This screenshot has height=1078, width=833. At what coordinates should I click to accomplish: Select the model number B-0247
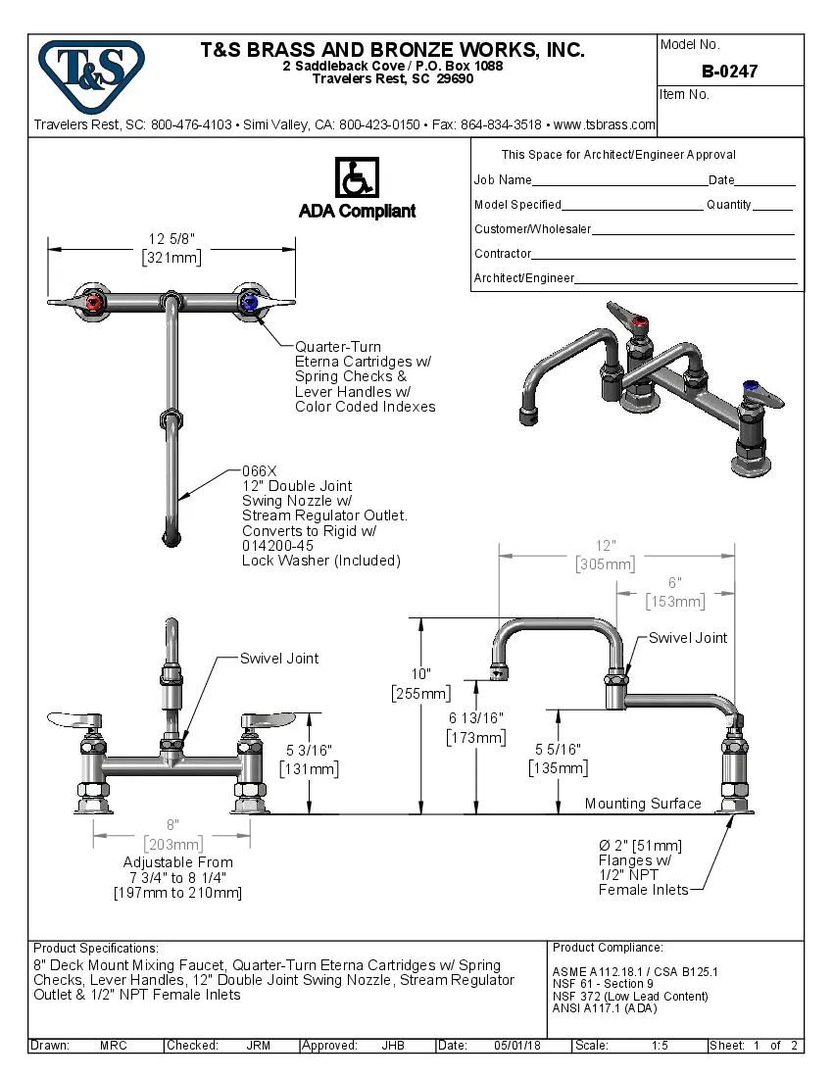click(729, 72)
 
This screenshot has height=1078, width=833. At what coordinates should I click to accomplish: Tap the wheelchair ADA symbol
click(357, 178)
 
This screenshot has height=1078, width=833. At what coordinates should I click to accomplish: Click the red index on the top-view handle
click(94, 303)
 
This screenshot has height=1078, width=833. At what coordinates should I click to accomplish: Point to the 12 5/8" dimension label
click(171, 238)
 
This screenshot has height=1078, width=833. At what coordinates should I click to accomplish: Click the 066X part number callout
click(260, 470)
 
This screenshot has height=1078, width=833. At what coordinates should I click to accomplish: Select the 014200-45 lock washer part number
click(277, 546)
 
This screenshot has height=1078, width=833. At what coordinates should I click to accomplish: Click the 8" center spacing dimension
click(171, 825)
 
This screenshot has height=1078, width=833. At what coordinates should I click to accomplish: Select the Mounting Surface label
click(643, 804)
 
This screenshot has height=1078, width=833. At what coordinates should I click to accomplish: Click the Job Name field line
click(619, 181)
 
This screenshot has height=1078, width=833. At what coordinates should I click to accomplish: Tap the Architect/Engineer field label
click(524, 278)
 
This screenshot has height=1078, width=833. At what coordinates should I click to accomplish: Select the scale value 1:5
click(659, 1046)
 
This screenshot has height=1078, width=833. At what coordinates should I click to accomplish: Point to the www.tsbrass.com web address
click(605, 125)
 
